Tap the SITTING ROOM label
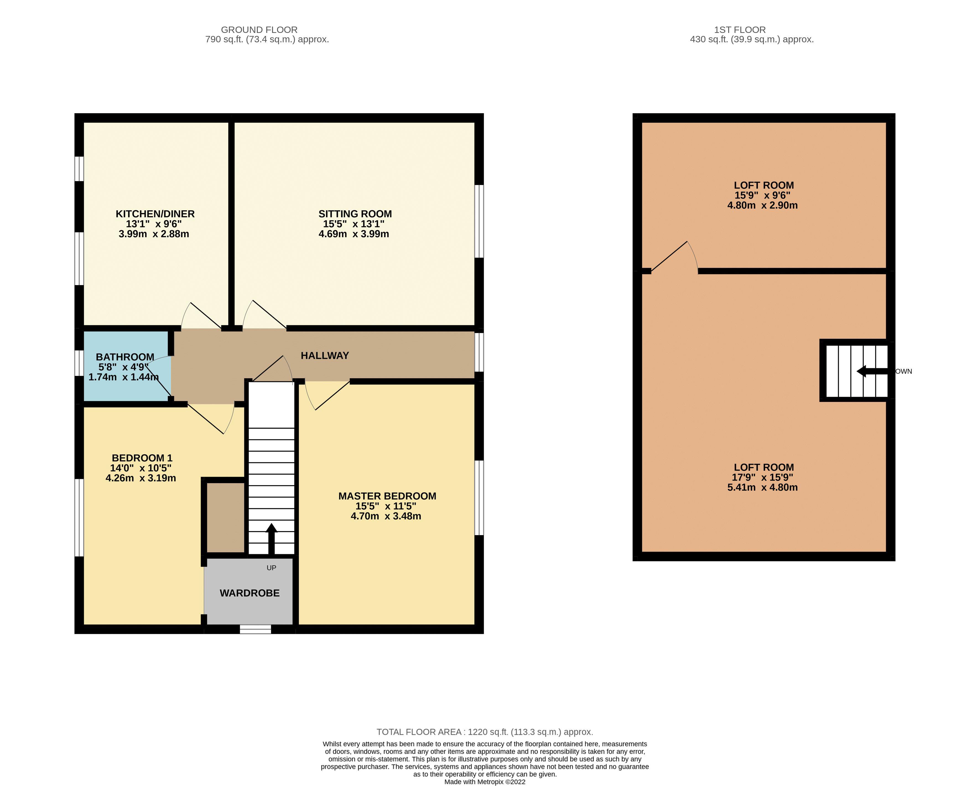[355, 214]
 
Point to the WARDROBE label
[249, 593]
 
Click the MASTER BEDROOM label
[387, 496]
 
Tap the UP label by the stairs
[271, 568]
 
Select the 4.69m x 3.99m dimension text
[354, 234]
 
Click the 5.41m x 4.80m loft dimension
[763, 488]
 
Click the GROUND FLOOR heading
[259, 30]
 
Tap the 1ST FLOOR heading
[740, 30]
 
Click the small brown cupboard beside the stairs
[225, 517]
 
